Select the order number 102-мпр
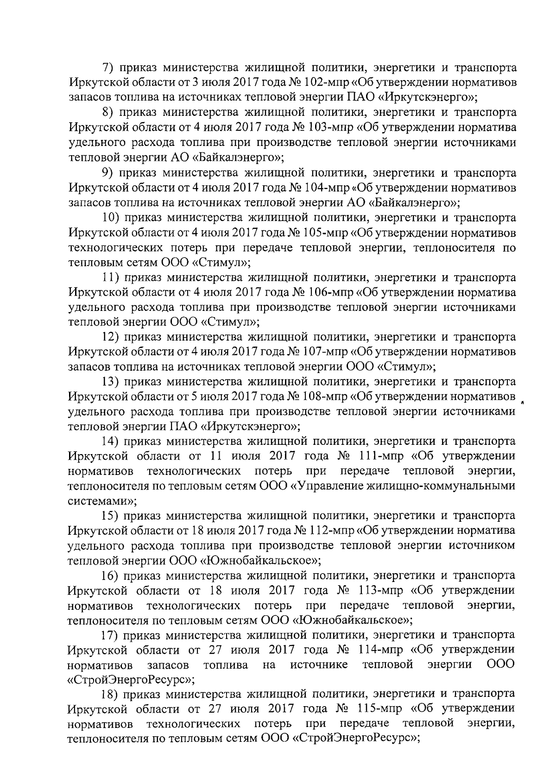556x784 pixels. tap(328, 82)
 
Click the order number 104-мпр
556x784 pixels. tap(328, 188)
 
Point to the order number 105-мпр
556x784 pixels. tap(328, 233)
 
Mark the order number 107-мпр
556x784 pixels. tap(328, 352)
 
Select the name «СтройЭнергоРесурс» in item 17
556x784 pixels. tap(131, 680)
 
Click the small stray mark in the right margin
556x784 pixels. tap(522, 403)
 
